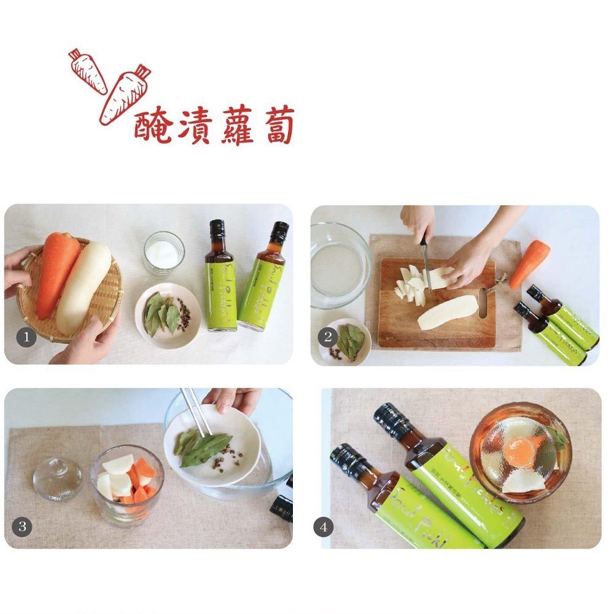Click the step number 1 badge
(26, 336)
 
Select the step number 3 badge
(22, 526)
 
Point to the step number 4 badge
(323, 526)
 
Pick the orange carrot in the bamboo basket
(56, 273)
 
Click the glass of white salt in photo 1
(163, 252)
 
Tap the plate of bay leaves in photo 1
(167, 313)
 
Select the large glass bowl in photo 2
(339, 265)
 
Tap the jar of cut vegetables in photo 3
(127, 484)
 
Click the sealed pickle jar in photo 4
(520, 451)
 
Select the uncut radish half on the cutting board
(447, 313)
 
